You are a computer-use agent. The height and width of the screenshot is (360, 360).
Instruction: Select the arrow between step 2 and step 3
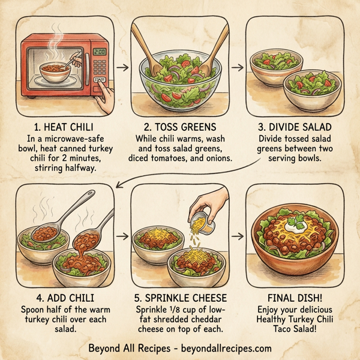(x=238, y=67)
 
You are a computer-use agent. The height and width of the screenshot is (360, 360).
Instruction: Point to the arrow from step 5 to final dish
(x=238, y=236)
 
